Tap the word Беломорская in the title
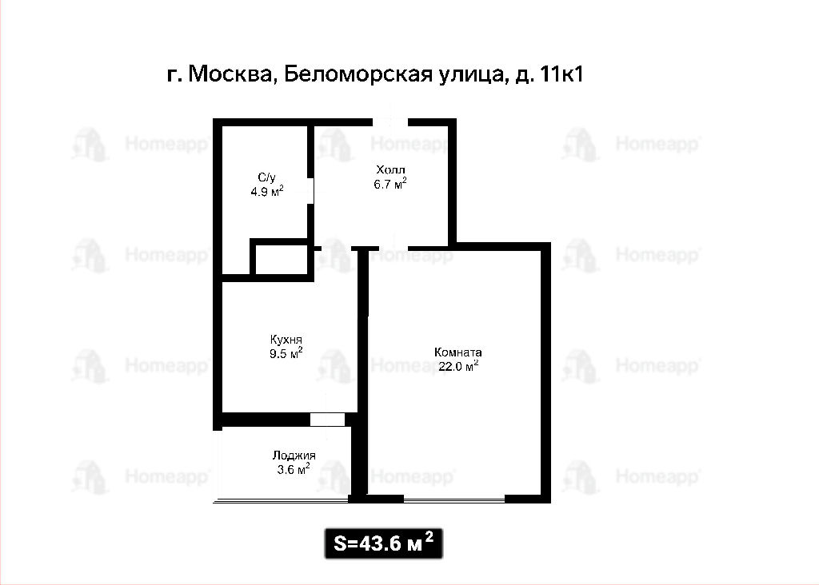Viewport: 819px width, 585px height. click(x=358, y=74)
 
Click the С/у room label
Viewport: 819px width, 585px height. click(x=266, y=178)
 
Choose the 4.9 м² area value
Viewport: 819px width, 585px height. click(x=267, y=191)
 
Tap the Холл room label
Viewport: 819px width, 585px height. click(x=390, y=169)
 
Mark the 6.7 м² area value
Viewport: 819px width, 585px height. click(x=390, y=183)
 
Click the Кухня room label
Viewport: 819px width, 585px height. click(x=286, y=340)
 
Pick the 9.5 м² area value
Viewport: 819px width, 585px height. click(x=286, y=353)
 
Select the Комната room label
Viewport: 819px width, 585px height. click(x=458, y=352)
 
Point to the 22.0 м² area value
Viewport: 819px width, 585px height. click(x=458, y=366)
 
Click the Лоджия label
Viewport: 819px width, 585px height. click(x=294, y=456)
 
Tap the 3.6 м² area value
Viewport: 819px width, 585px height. click(x=294, y=468)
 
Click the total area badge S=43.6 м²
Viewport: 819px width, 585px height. click(x=384, y=543)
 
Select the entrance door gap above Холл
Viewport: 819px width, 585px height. click(x=390, y=122)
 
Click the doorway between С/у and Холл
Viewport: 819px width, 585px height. click(x=310, y=191)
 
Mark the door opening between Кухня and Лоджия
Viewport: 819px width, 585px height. click(x=327, y=420)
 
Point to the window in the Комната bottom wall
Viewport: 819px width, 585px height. click(x=454, y=499)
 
